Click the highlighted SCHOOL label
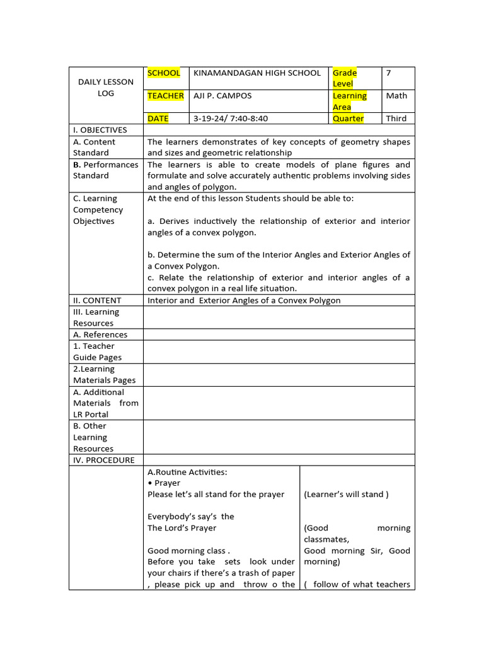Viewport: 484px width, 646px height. point(163,73)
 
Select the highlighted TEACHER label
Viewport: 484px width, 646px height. point(166,96)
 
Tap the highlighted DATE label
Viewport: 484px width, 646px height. point(158,119)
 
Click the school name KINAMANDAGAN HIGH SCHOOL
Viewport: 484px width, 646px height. point(256,73)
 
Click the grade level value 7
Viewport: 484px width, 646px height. point(389,73)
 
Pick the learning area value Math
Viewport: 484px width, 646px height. point(396,96)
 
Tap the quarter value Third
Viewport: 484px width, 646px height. point(396,119)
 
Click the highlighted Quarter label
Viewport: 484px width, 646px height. point(348,119)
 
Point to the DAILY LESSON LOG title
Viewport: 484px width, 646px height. point(106,88)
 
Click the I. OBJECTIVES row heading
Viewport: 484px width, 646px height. point(100,130)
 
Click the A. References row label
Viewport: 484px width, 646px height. point(100,335)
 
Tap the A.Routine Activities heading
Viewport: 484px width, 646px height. point(187,472)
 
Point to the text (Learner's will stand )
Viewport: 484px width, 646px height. point(346,495)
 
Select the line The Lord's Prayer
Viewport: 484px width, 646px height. point(181,528)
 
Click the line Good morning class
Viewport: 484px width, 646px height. point(188,551)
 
